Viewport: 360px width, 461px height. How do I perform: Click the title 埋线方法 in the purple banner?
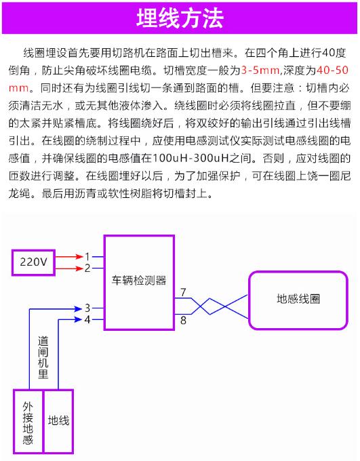[180, 18]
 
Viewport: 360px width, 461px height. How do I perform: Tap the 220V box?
[33, 262]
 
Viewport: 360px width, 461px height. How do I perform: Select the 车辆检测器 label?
[139, 280]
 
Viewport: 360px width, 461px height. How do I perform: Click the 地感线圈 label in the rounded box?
[298, 299]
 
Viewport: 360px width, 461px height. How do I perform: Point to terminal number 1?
[87, 257]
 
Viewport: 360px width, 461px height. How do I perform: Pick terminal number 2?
[87, 268]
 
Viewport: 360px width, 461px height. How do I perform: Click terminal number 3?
[87, 308]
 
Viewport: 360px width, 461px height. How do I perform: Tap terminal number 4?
[87, 319]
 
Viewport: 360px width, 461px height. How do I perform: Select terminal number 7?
[183, 292]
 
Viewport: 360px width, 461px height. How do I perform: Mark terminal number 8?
[183, 320]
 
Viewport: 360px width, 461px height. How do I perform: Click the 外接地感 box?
[28, 422]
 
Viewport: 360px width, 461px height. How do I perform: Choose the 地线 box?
[58, 422]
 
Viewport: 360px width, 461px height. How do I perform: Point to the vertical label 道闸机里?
[43, 357]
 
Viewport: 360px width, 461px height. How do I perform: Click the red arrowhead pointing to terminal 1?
[79, 257]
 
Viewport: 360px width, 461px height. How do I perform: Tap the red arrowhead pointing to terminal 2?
[79, 268]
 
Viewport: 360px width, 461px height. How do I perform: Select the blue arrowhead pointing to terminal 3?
[78, 308]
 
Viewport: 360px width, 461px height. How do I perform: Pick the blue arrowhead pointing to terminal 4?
[78, 319]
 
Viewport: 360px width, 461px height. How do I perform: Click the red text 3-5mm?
[260, 71]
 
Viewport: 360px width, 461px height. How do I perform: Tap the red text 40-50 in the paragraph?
[333, 71]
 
